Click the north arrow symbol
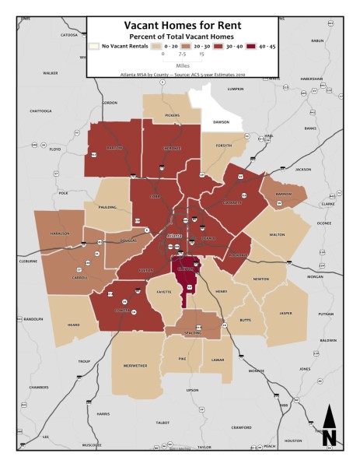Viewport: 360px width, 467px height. point(329,427)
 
